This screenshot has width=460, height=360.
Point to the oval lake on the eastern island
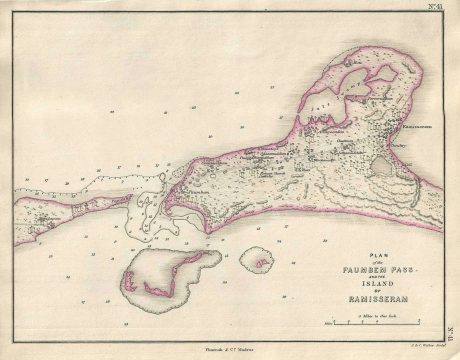point(385,164)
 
